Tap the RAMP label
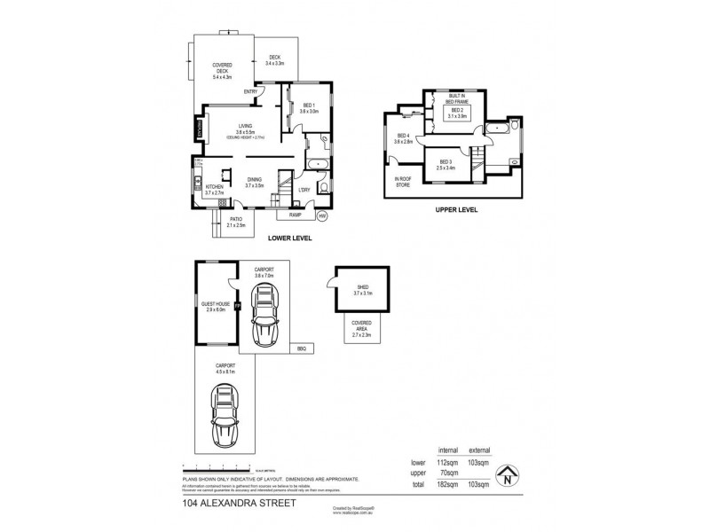point(294,214)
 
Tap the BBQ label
point(302,348)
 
